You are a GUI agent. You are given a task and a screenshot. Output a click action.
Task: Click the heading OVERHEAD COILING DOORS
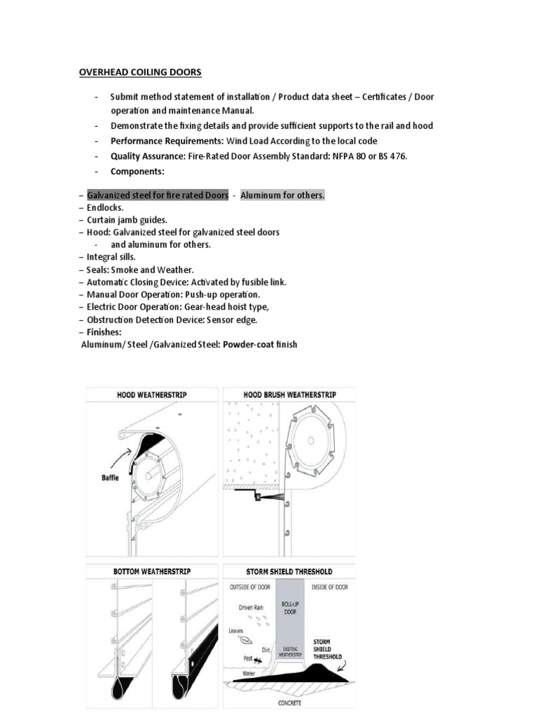(139, 72)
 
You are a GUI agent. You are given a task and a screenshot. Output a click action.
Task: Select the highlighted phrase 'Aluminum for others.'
(282, 195)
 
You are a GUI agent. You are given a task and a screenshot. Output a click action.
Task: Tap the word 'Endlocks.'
(105, 208)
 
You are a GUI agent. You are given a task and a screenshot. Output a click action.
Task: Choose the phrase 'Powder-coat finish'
(260, 344)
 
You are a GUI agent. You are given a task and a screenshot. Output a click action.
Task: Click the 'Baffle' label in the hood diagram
(108, 478)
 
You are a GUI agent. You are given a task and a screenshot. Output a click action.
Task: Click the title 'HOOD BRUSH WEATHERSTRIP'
(289, 395)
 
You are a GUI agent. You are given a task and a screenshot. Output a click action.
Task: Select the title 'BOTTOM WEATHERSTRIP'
(151, 572)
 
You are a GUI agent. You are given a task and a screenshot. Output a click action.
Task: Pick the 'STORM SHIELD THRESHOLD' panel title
(289, 572)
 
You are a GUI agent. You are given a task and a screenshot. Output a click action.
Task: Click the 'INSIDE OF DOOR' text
(329, 587)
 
